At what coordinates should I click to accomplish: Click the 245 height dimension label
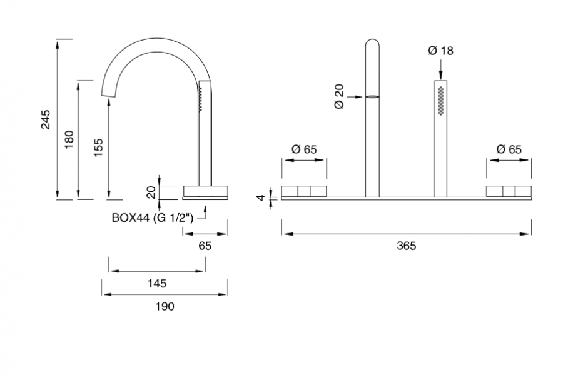[x=46, y=119]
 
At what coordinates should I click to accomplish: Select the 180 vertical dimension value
[x=69, y=139]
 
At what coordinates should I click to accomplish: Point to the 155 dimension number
[x=98, y=148]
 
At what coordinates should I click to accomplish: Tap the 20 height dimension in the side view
[x=151, y=192]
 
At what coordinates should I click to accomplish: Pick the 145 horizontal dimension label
[x=157, y=283]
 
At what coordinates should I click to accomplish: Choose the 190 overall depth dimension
[x=165, y=306]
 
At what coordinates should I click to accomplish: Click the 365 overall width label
[x=407, y=246]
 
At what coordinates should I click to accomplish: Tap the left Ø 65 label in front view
[x=304, y=149]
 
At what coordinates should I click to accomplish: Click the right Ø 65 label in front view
[x=509, y=149]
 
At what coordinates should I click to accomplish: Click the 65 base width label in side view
[x=205, y=246]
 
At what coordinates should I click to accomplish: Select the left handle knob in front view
[x=304, y=191]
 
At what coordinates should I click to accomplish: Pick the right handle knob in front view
[x=509, y=191]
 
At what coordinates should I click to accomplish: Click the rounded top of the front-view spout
[x=372, y=45]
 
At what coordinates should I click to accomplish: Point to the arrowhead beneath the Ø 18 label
[x=441, y=77]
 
